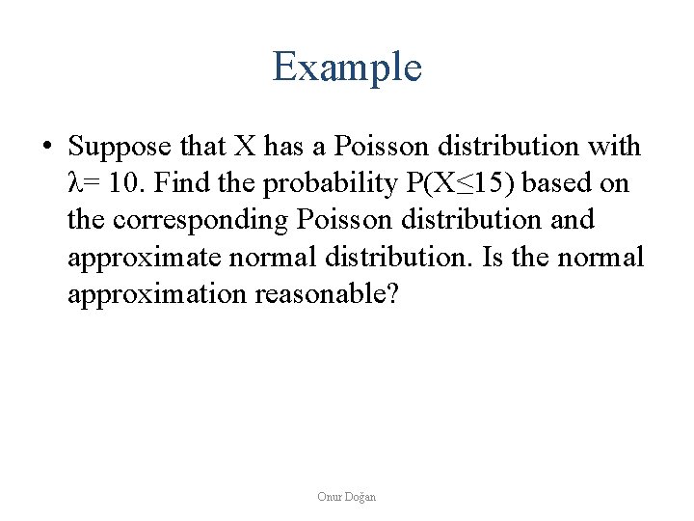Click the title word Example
[347, 68]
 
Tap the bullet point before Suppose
[46, 148]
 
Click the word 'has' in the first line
[282, 147]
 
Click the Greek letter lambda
[74, 183]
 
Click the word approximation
[157, 293]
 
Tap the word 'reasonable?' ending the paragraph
[326, 293]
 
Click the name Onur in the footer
[330, 497]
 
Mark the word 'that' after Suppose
[204, 147]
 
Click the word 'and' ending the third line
[572, 220]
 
